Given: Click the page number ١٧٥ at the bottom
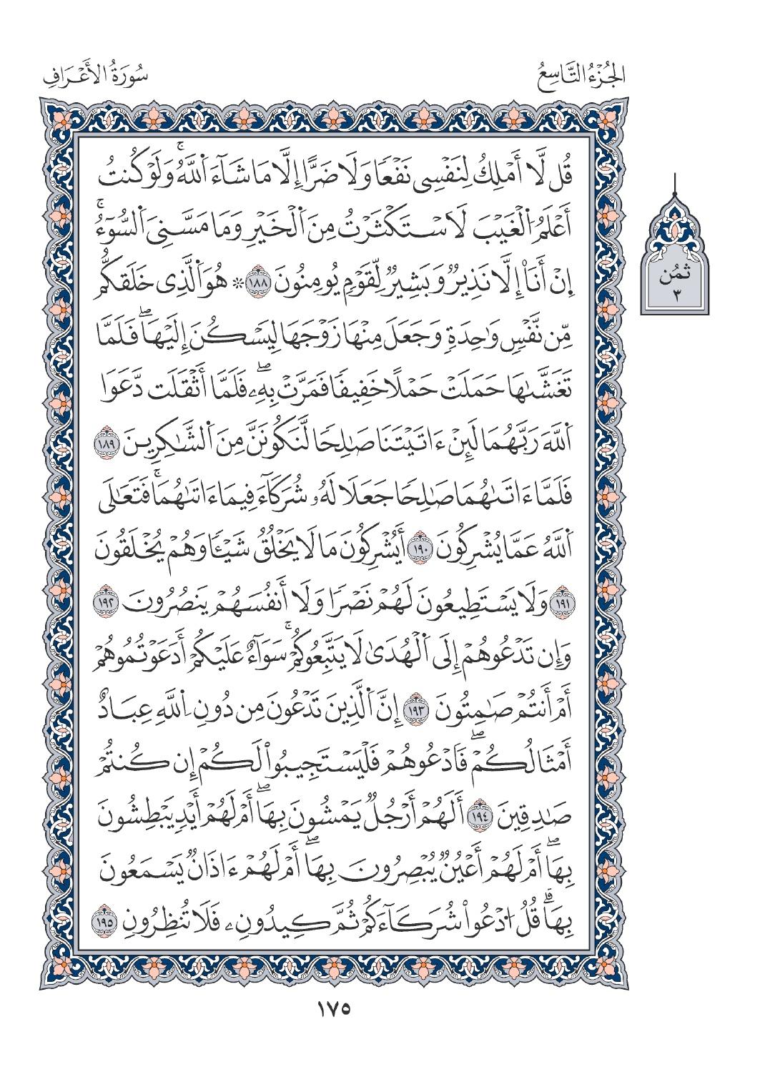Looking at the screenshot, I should [332, 1010].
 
